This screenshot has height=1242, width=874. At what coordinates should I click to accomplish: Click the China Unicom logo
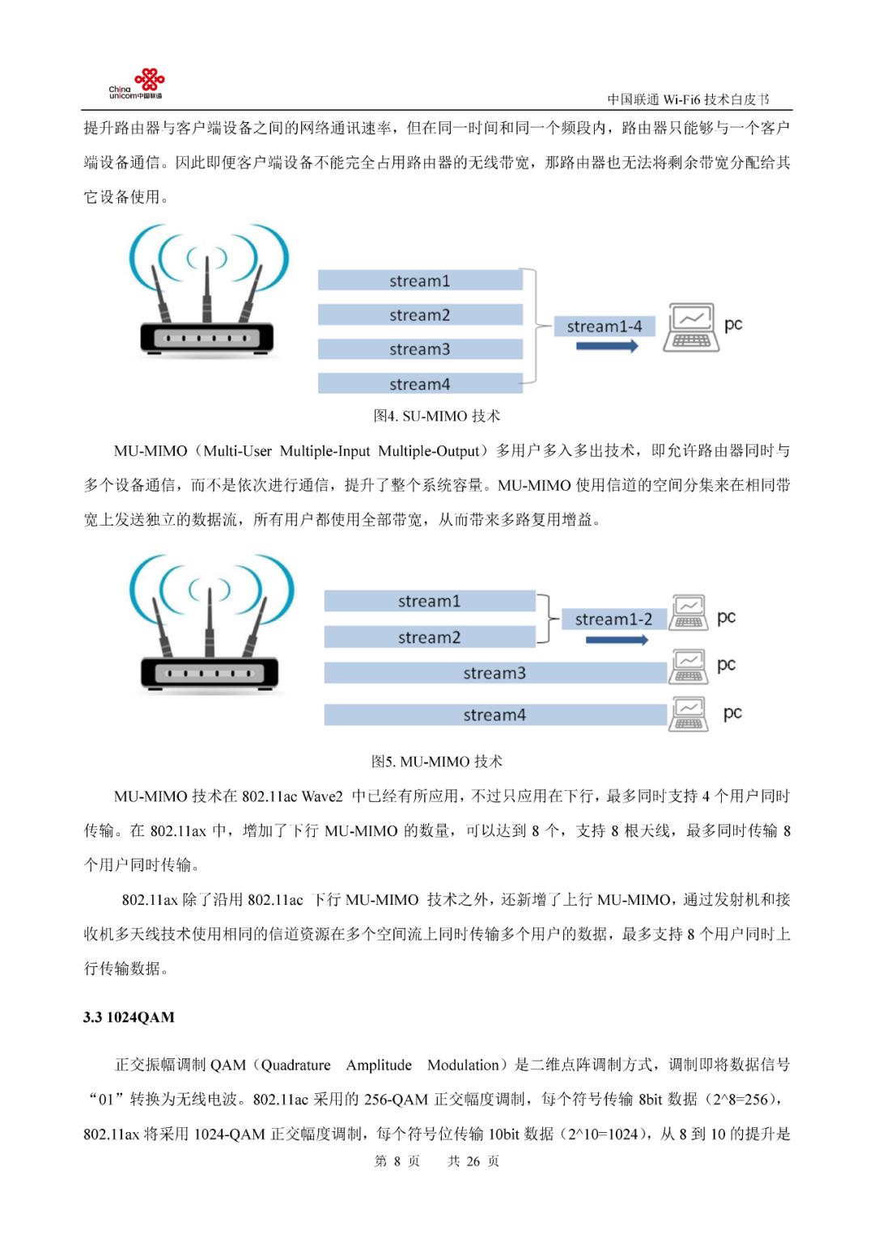click(x=138, y=84)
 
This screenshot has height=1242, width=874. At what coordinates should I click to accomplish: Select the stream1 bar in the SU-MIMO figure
click(x=420, y=281)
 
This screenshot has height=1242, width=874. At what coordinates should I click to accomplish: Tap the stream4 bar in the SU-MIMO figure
click(x=420, y=384)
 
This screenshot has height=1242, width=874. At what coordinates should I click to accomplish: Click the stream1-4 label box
click(x=604, y=327)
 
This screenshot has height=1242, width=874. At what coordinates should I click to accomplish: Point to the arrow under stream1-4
click(x=607, y=347)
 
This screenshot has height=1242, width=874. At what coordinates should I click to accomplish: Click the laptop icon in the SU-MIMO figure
click(x=690, y=327)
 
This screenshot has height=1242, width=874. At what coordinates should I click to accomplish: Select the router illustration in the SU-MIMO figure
click(x=208, y=295)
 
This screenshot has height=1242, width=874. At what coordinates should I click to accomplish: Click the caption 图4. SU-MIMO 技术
click(x=437, y=416)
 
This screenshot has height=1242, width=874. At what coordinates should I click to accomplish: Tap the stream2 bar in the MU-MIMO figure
click(x=430, y=637)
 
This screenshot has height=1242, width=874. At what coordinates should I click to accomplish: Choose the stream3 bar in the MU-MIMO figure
click(x=494, y=673)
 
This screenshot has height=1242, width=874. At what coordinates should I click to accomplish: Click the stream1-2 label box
click(x=613, y=619)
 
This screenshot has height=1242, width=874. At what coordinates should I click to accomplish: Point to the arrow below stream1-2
click(x=617, y=640)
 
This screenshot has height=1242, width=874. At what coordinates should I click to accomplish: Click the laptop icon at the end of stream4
click(x=689, y=714)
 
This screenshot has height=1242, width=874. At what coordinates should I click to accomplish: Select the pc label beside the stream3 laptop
click(x=726, y=665)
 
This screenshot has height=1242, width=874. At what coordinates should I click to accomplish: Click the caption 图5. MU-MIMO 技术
click(x=437, y=762)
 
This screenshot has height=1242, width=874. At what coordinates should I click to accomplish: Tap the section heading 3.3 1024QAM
click(x=129, y=1017)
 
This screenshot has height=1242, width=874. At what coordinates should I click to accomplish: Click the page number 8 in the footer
click(x=397, y=1161)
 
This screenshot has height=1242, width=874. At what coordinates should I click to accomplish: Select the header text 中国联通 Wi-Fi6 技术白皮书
click(x=688, y=99)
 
